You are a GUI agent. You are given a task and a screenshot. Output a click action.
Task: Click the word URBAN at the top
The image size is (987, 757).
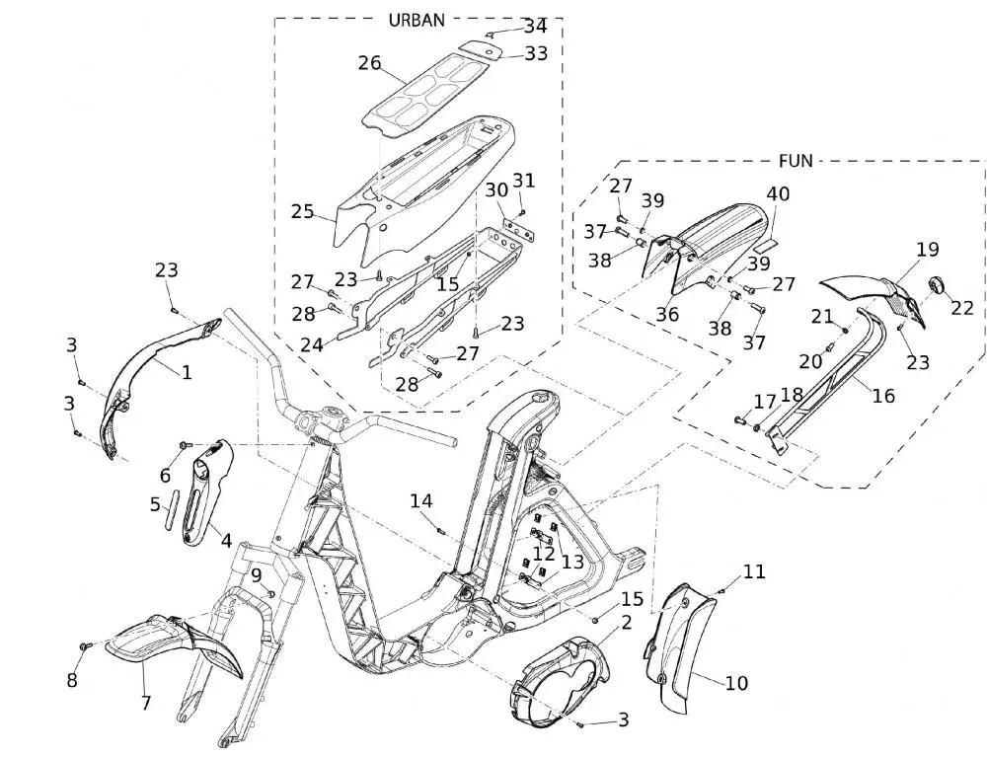click(417, 20)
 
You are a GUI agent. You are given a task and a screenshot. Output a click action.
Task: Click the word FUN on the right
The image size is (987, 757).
click(796, 161)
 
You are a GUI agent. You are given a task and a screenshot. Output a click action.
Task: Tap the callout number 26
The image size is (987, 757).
click(370, 63)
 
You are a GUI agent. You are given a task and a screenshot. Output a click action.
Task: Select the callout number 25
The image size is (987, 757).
click(302, 211)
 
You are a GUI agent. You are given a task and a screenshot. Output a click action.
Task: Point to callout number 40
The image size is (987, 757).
click(778, 193)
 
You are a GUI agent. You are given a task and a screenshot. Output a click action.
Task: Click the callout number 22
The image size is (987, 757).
click(962, 308)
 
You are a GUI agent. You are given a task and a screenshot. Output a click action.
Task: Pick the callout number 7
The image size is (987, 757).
click(146, 703)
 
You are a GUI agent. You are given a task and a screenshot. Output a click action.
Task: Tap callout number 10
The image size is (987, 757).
click(736, 683)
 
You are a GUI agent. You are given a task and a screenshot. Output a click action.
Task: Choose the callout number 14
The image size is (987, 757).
click(421, 501)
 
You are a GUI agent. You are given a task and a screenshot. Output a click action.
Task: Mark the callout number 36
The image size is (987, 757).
click(667, 314)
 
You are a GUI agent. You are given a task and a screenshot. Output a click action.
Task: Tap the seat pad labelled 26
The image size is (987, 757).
click(421, 95)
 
